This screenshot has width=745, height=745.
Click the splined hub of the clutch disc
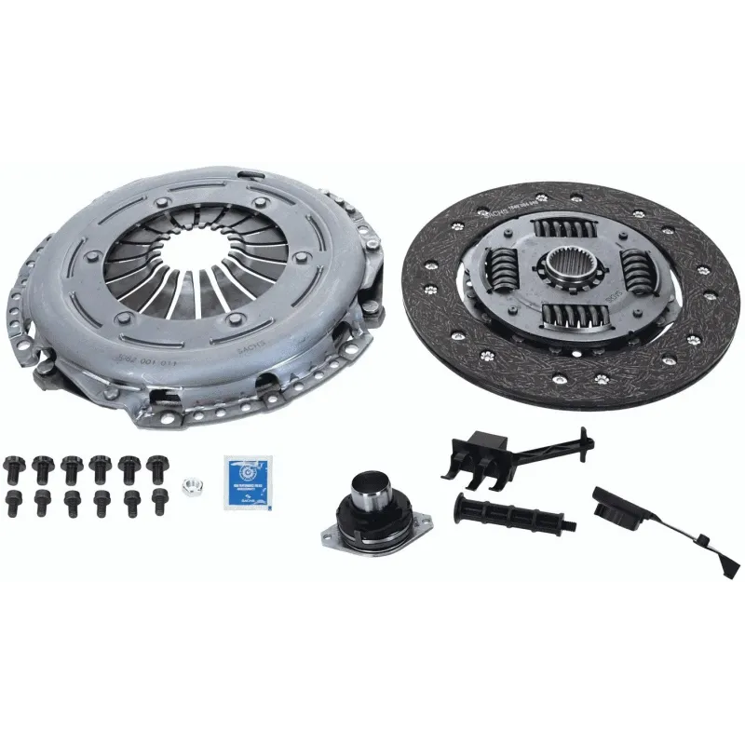pyautogui.click(x=569, y=271)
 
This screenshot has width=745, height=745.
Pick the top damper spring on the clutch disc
pyautogui.click(x=559, y=230)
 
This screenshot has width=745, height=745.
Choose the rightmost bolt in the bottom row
pyautogui.click(x=159, y=500)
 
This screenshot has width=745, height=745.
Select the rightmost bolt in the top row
pyautogui.click(x=156, y=463)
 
